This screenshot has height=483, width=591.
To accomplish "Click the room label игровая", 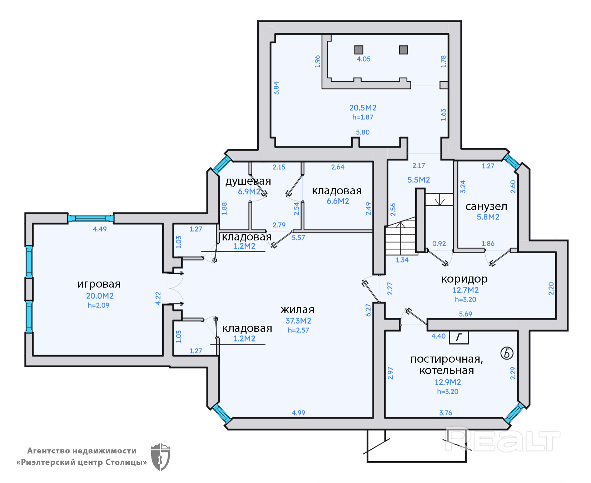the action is [99, 284].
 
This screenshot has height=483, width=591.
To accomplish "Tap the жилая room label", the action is [297, 310].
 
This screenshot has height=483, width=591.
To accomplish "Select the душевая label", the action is [248, 181].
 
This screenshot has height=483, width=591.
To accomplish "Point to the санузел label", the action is [486, 206].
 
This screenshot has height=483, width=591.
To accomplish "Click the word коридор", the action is [464, 279].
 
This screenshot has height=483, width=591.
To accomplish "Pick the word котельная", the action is [447, 370].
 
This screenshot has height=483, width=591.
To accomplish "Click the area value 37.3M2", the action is [298, 321].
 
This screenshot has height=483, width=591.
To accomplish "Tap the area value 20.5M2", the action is [363, 108].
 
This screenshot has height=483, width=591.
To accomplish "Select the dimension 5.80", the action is [363, 132].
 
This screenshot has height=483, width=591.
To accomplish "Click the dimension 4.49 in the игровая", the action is [100, 229].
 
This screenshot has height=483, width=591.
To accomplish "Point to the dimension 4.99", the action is [298, 413].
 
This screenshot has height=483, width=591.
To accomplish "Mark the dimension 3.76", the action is [446, 413].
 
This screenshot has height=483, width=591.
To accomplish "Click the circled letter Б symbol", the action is [507, 353].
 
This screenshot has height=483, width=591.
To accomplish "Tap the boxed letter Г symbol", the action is [459, 337].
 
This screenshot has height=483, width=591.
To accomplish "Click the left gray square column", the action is [359, 50].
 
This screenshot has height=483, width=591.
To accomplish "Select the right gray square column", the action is [403, 50].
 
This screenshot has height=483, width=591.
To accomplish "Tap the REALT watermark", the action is [502, 440].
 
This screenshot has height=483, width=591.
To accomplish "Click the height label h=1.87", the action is [363, 117].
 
